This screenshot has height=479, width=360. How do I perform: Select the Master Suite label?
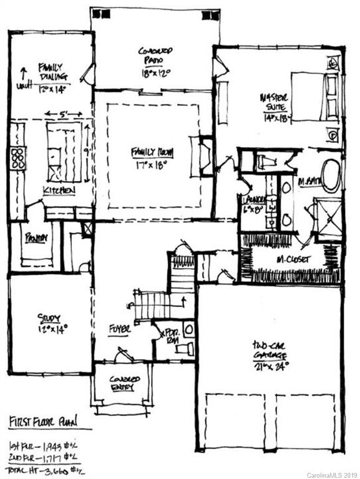[x=275, y=100]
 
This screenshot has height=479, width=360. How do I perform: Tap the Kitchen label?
[x=58, y=190]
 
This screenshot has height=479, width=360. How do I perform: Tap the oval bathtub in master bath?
[x=331, y=175]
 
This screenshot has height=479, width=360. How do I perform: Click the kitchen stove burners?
[x=17, y=158]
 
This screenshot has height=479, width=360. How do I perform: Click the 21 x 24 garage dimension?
[x=270, y=366]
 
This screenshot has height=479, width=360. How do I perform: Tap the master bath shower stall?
[x=328, y=218]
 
